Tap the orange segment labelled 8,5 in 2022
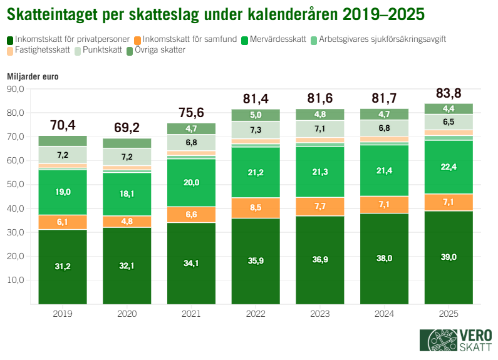255,207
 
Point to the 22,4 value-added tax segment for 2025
449,167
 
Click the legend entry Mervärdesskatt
277,39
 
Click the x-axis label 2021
190,314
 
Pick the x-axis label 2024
384,314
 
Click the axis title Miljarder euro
32,76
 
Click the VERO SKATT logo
455,340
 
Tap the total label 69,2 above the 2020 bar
126,128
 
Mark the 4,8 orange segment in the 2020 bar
126,222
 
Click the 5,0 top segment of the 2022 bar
255,115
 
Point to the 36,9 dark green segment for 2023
319,260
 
